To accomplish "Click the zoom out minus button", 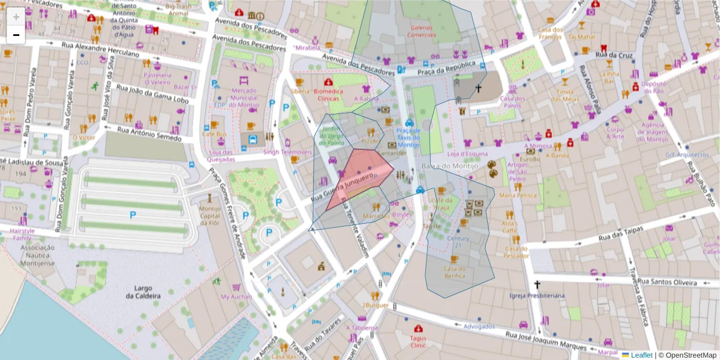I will tap(16, 35).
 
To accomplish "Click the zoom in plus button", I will tap(16, 17).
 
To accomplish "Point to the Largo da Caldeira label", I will tap(143, 292).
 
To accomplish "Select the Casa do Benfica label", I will tap(455, 272).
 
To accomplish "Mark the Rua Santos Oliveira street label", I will tap(667, 281).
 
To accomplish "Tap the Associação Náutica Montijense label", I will tap(38, 255).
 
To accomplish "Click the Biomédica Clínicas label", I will tap(328, 95).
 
